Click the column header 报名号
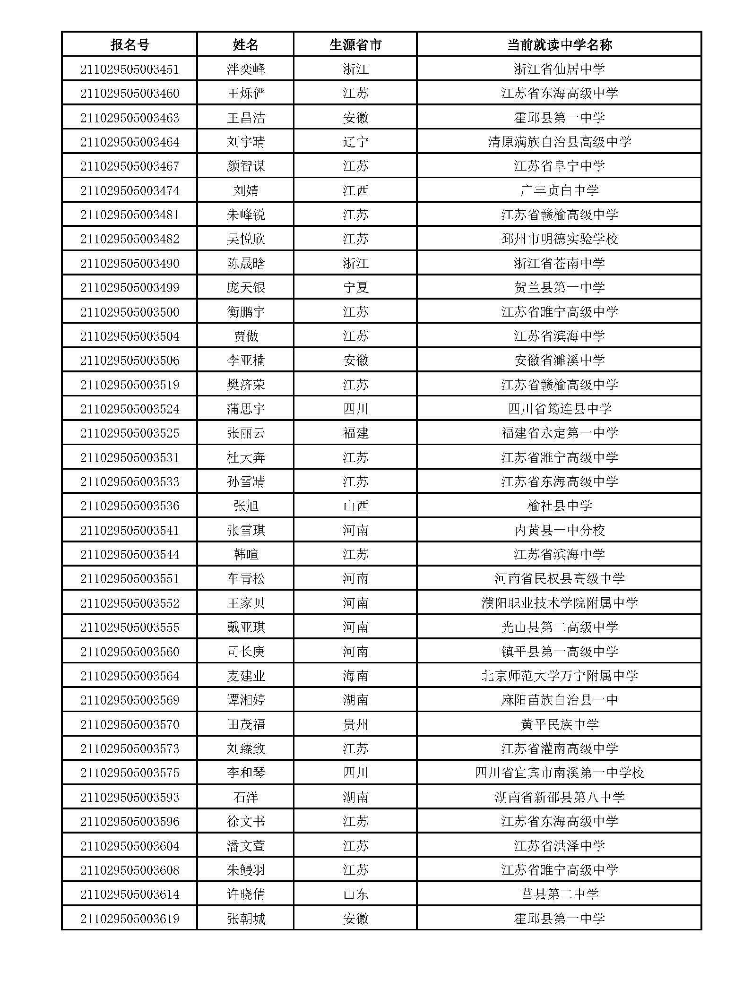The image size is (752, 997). coord(130,45)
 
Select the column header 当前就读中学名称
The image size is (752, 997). coord(559,45)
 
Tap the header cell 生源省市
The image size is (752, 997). coord(355,45)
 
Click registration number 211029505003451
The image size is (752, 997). coord(130,69)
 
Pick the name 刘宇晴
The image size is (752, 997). coord(246,142)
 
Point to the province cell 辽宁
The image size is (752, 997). coord(355,142)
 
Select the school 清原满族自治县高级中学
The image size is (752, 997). coord(559,142)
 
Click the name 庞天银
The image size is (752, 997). coord(246,288)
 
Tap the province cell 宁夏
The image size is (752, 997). coord(355,288)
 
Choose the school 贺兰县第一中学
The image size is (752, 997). coord(559,288)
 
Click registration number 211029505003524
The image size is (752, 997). coord(130,409)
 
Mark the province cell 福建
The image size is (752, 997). coord(355,433)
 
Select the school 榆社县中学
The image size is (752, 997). coord(559,506)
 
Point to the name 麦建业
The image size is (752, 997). coord(246,676)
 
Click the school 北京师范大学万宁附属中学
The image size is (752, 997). coord(559,676)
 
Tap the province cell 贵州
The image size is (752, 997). coord(355,724)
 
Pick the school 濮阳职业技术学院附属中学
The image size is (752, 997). coord(559,603)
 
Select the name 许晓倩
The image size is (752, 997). coord(246,894)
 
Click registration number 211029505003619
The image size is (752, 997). coord(130,919)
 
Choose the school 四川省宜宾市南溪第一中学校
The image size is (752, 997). coord(559,773)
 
